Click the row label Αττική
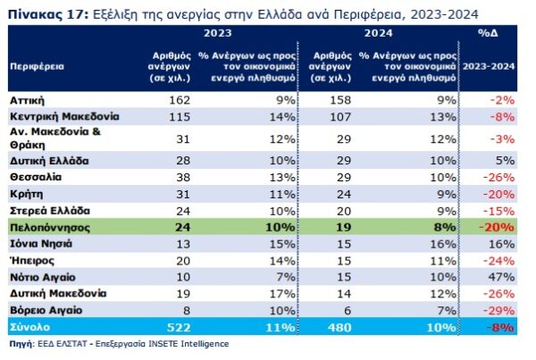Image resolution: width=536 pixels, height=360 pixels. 26,101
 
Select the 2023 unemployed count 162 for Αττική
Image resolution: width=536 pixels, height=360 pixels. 180,101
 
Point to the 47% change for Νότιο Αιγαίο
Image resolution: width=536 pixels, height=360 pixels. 505,277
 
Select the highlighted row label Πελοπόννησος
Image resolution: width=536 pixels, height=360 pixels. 46,227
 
